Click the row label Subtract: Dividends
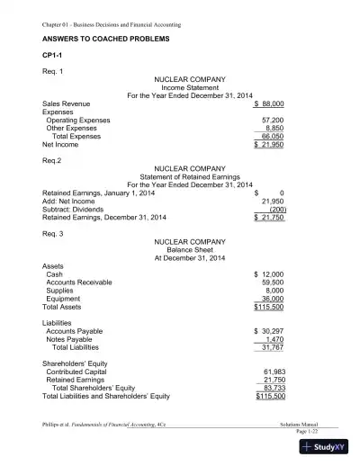(x=76, y=209)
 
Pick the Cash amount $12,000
(x=270, y=273)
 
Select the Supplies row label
(x=60, y=290)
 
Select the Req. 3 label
(x=55, y=232)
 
